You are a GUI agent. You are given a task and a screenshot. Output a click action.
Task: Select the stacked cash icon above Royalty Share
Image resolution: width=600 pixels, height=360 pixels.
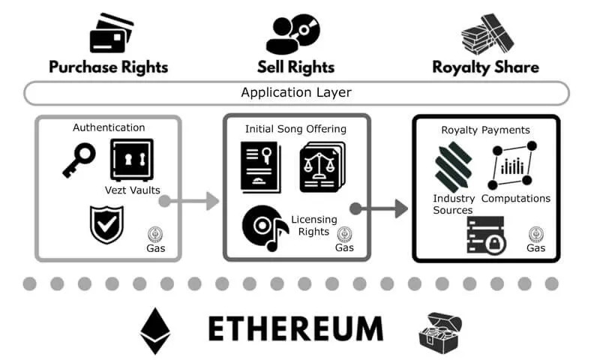[x=484, y=33]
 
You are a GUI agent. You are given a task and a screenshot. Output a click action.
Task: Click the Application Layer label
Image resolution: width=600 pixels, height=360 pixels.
[x=296, y=93]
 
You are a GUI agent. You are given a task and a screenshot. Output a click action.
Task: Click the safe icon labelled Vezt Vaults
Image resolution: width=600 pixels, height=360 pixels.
[x=131, y=159]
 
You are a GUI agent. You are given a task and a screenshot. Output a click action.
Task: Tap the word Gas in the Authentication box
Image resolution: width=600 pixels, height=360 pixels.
[x=156, y=247]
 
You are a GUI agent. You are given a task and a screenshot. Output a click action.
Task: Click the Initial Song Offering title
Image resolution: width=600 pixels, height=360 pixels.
[x=296, y=129]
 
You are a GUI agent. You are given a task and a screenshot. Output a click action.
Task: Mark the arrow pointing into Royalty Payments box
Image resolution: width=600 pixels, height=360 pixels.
[x=379, y=208]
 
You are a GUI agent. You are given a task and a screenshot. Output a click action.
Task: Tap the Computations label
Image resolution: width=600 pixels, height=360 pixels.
[x=516, y=199]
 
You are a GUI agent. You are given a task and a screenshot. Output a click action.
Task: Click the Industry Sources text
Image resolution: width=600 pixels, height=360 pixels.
[x=454, y=204]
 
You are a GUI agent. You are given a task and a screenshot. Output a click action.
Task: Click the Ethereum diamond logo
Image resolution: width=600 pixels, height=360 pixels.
[x=155, y=330]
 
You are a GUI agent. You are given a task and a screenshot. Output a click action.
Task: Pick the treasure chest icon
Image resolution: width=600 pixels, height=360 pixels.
[x=442, y=331]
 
